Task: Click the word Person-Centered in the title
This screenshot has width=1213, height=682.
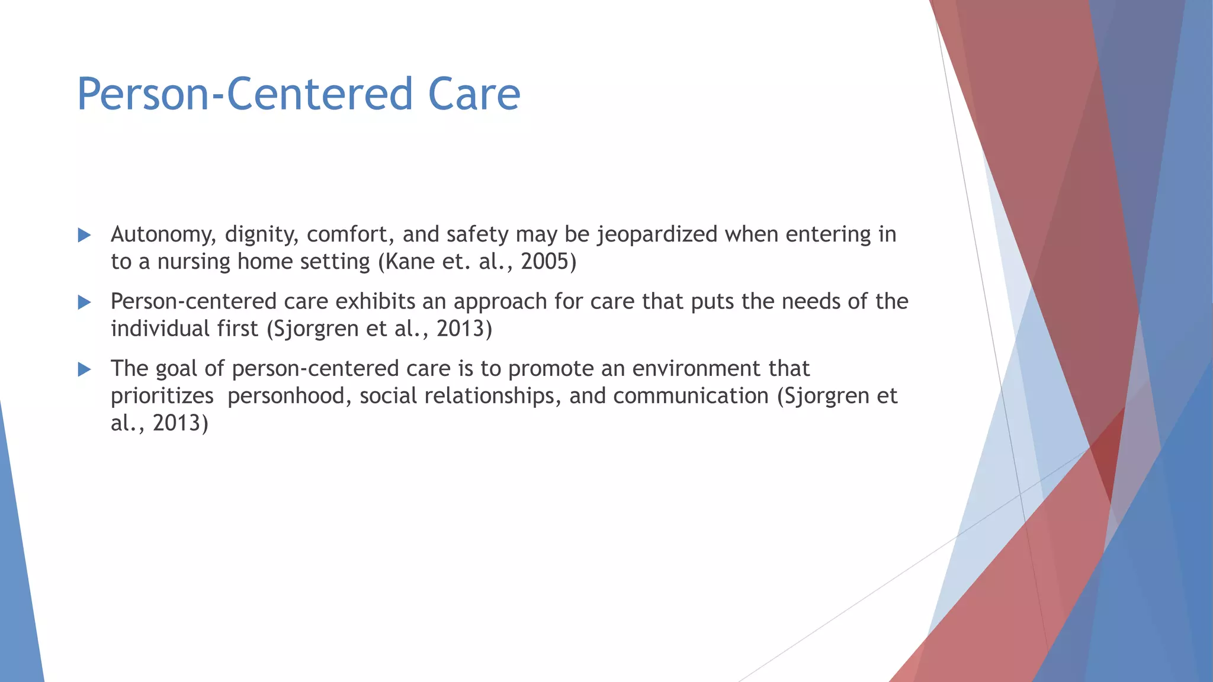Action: click(x=245, y=94)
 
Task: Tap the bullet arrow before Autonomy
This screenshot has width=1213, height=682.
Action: click(x=84, y=236)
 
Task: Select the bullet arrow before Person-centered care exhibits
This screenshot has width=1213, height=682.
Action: click(x=84, y=303)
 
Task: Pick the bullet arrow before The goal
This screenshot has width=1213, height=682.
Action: click(x=84, y=370)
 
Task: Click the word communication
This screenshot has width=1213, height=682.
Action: click(x=691, y=396)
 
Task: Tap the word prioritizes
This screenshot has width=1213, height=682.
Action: click(x=162, y=396)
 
